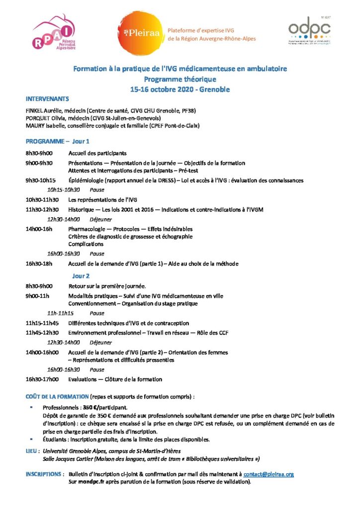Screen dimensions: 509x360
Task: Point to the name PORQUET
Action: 38,118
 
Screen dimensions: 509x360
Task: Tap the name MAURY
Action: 35,126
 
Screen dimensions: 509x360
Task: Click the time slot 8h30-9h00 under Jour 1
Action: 39,154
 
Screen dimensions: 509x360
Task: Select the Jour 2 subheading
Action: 81,276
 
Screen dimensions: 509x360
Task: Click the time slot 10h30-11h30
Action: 42,199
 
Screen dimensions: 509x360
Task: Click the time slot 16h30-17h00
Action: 42,379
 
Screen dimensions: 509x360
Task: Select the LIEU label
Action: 32,451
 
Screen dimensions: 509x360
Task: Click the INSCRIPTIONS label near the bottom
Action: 44,474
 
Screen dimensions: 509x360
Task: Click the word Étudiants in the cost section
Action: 55,439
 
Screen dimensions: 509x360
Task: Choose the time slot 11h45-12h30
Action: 42,333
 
